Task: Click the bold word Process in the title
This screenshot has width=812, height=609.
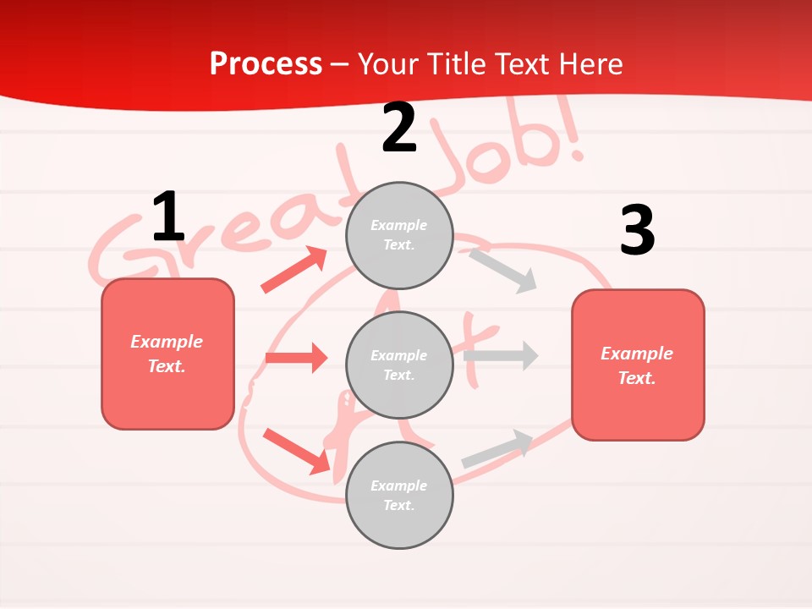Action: pyautogui.click(x=266, y=63)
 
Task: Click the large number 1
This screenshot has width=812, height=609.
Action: pyautogui.click(x=168, y=217)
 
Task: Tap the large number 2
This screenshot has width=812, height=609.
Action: pyautogui.click(x=399, y=129)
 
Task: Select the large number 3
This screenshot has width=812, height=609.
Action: pyautogui.click(x=637, y=231)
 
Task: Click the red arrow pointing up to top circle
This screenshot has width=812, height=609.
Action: pyautogui.click(x=294, y=270)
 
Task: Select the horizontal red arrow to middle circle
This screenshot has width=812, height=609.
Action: pyautogui.click(x=296, y=358)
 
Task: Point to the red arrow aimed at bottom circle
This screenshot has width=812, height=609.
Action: pyautogui.click(x=297, y=451)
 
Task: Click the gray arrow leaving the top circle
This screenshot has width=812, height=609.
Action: pyautogui.click(x=503, y=270)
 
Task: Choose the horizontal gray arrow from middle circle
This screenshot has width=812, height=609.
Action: pyautogui.click(x=501, y=355)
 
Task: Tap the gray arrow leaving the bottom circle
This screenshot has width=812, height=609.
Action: pyautogui.click(x=497, y=448)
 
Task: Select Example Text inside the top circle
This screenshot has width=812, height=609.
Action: pyautogui.click(x=399, y=235)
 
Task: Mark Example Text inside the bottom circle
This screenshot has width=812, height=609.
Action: pyautogui.click(x=399, y=496)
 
